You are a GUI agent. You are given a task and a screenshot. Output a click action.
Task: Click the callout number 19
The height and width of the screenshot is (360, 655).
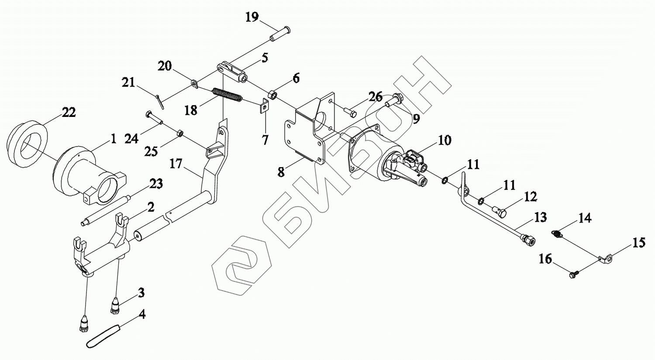click(x=252, y=17)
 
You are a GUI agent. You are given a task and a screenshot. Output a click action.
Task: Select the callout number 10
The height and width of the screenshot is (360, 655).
click(x=445, y=141)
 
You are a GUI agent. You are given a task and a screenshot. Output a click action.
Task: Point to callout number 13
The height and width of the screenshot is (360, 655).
click(x=540, y=217)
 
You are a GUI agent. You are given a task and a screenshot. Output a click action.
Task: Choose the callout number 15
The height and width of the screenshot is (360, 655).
click(x=639, y=243)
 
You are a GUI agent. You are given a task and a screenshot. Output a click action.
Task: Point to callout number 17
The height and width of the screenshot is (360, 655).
click(x=176, y=164)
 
